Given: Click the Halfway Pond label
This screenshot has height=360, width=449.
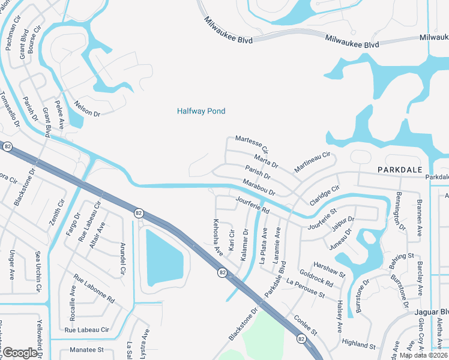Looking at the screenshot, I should coord(201,111).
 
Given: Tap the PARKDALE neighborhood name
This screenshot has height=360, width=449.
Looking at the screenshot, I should coord(400,170).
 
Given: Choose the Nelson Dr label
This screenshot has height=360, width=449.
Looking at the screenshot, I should coord(86,109).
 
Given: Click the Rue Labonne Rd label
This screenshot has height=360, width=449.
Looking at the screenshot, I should coord(94,289).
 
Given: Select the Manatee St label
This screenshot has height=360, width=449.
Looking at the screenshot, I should coord(86,349).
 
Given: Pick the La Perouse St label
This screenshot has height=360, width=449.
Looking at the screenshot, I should coord(306,289).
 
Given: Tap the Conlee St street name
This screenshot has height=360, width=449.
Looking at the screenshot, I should coord(305,325).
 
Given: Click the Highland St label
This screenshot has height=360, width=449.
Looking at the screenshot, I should coord(358,344).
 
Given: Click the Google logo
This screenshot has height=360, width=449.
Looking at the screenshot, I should coord(19,352).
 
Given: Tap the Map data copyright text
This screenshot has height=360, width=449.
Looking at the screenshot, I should coord(424,355).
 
